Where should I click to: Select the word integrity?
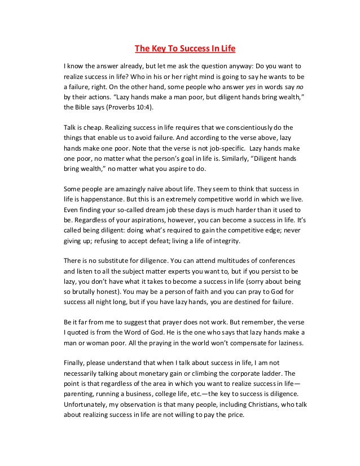pyautogui.click(x=223, y=242)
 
